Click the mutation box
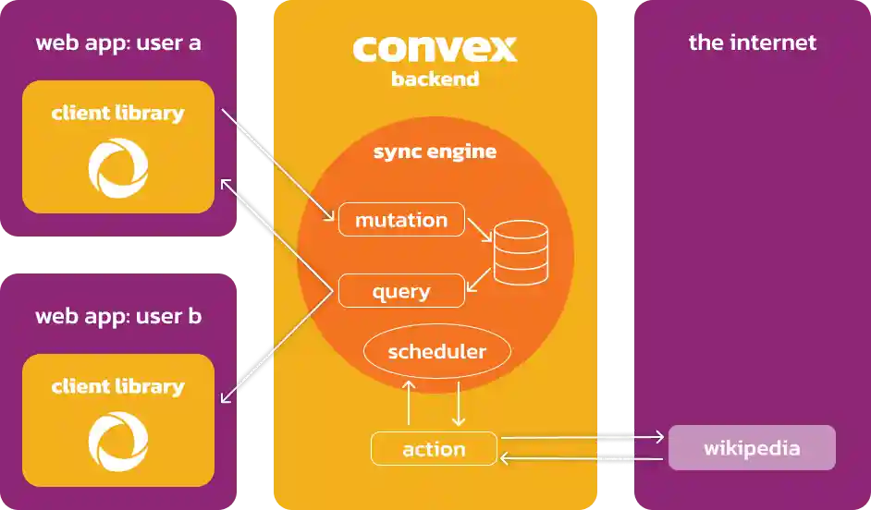click(x=400, y=220)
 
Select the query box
click(x=400, y=292)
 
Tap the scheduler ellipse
click(x=436, y=352)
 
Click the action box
click(x=433, y=449)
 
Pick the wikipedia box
click(x=751, y=448)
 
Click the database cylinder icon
click(x=520, y=252)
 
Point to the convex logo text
click(x=435, y=47)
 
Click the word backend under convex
click(x=435, y=79)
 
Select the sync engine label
click(x=435, y=152)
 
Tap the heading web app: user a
click(x=118, y=42)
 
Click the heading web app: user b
click(x=118, y=316)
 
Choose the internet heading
click(x=752, y=42)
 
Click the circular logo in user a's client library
click(x=117, y=167)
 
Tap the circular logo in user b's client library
click(x=117, y=441)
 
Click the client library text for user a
click(x=117, y=114)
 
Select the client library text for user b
click(x=117, y=386)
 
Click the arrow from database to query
click(x=478, y=281)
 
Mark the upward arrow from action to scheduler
click(x=408, y=403)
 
